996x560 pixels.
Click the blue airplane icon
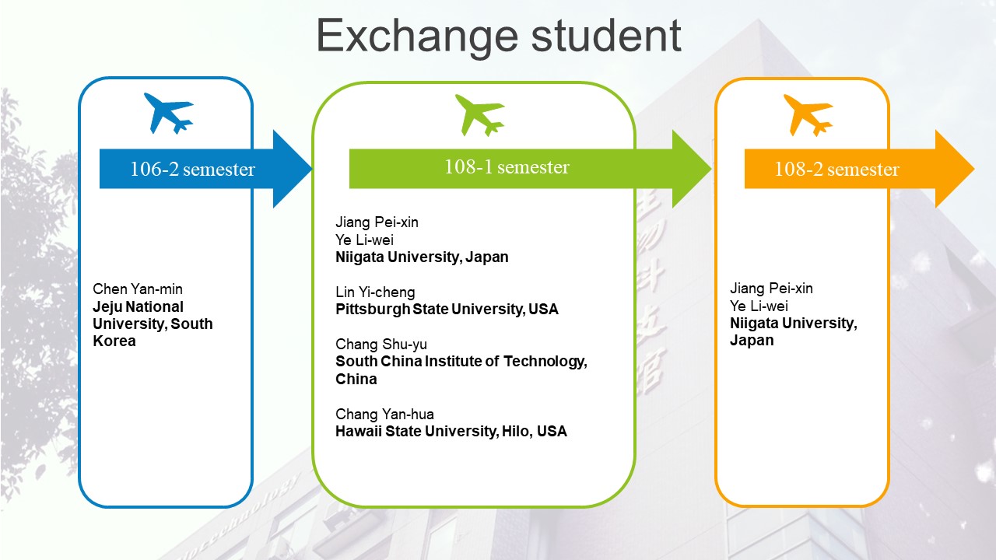[169, 113]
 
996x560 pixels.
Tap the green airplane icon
[480, 114]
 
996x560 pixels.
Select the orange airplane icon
[808, 114]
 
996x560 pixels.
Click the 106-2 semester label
[192, 170]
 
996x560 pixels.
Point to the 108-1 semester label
[507, 167]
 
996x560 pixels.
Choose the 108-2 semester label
[836, 170]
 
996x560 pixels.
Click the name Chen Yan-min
[138, 289]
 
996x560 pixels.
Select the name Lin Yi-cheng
[375, 292]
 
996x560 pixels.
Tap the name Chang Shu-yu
[381, 345]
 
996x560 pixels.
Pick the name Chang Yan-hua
[384, 415]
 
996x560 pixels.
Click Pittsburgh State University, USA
[447, 310]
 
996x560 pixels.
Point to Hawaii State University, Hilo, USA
[451, 432]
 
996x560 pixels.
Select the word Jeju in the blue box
[107, 307]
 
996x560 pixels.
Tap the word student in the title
[606, 36]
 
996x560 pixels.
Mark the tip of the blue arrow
[312, 169]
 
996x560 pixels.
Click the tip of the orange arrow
[975, 169]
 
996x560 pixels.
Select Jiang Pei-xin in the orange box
[771, 289]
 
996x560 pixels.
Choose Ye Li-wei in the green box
[364, 240]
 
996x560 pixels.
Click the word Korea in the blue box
[114, 341]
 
